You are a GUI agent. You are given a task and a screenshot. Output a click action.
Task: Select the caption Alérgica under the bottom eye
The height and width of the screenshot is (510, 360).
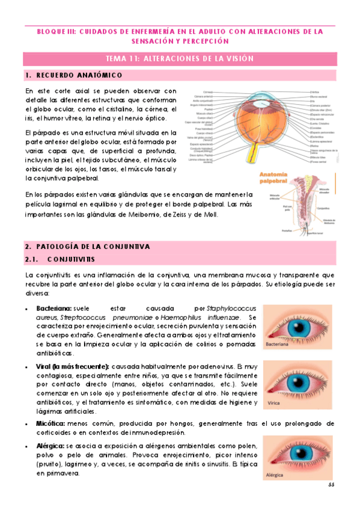275,474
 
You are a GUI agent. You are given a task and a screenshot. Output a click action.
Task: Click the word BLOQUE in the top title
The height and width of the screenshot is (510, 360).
50,31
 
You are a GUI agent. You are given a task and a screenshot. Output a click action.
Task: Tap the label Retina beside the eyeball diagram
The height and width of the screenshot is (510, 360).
297,146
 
